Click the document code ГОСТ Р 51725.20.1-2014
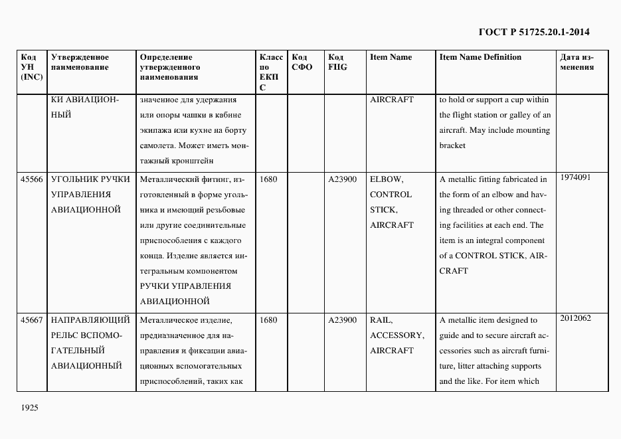[x=534, y=31]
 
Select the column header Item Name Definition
[x=480, y=57]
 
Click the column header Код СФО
[x=302, y=62]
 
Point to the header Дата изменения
[x=577, y=62]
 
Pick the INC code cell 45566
[x=32, y=179]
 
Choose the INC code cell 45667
[x=32, y=320]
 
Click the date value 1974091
[x=575, y=177]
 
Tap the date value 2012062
[x=575, y=318]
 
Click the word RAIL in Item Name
[x=381, y=320]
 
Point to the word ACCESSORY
[x=397, y=335]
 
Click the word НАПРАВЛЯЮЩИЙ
[x=90, y=320]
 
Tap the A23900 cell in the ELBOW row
[x=343, y=179]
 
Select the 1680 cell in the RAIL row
[x=268, y=320]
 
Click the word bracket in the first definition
[x=452, y=145]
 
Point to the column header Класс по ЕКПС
[x=271, y=72]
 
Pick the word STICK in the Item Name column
[x=383, y=210]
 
